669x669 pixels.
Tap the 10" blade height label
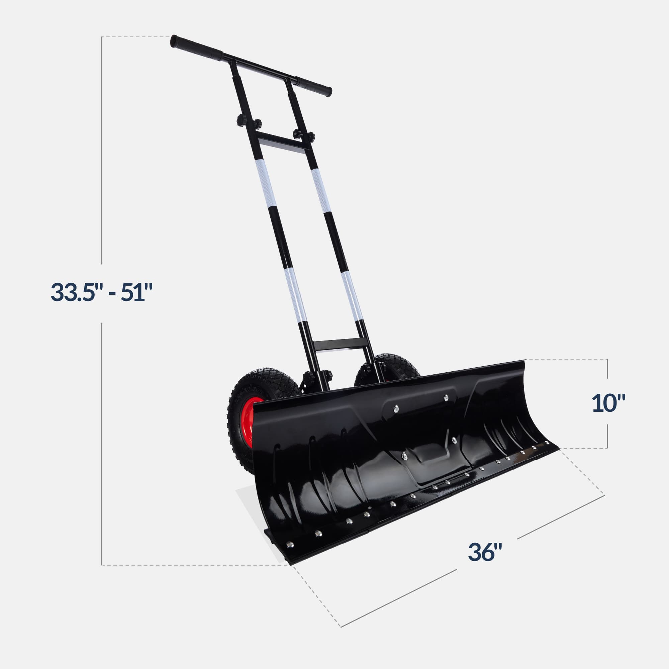(x=608, y=403)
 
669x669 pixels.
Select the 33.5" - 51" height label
(x=101, y=292)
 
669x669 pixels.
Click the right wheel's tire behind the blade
(x=398, y=367)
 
